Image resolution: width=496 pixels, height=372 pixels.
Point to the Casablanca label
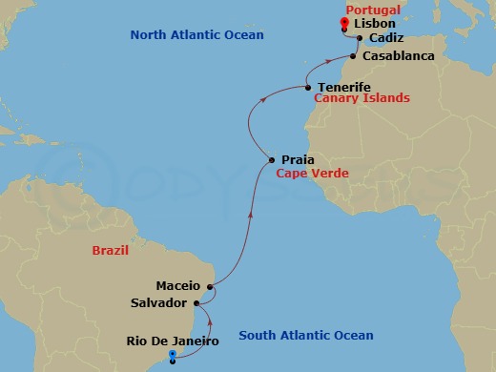(399, 56)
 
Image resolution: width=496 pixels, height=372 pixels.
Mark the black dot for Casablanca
(355, 56)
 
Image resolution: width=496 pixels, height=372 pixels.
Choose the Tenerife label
(343, 87)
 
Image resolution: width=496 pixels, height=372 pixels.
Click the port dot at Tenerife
(308, 88)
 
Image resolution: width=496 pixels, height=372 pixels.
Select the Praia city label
(298, 160)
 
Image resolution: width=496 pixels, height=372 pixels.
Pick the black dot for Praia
(273, 160)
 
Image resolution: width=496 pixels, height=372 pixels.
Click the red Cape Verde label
(312, 174)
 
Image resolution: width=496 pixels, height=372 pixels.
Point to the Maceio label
(178, 285)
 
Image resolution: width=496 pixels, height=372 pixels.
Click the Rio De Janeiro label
(173, 341)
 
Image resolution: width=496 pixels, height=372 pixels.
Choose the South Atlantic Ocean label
(305, 335)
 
